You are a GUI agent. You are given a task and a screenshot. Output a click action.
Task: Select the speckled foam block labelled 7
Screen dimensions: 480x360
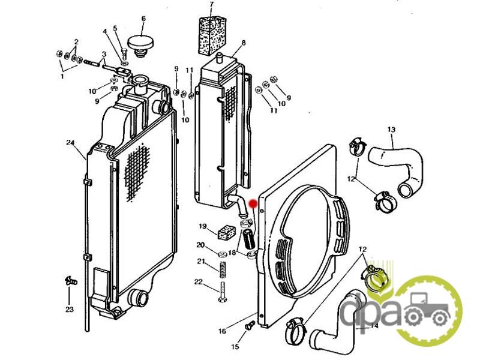point(212,36)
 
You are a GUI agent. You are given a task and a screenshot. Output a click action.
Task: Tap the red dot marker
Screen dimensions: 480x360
point(253,203)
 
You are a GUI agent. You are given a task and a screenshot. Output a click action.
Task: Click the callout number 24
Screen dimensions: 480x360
point(70,143)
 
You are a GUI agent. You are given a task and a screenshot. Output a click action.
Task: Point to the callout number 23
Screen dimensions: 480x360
point(70,309)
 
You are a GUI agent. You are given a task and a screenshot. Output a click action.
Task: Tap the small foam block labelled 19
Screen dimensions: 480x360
point(226,232)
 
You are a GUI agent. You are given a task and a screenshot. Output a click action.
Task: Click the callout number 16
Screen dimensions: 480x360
point(222,331)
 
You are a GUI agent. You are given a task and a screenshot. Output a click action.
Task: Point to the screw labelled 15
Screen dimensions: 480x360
point(250,325)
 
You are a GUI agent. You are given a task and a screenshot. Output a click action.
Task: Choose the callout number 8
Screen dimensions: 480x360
point(244,43)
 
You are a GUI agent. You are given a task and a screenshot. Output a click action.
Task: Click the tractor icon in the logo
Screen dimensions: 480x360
point(427,308)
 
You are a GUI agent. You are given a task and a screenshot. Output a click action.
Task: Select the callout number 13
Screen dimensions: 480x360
point(391,130)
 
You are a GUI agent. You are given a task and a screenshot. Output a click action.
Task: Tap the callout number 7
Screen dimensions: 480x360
point(212,5)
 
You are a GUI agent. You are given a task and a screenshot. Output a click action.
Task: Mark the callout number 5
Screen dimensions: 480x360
point(115,28)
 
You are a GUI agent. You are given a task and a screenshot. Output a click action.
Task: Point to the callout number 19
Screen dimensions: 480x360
point(203,226)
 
